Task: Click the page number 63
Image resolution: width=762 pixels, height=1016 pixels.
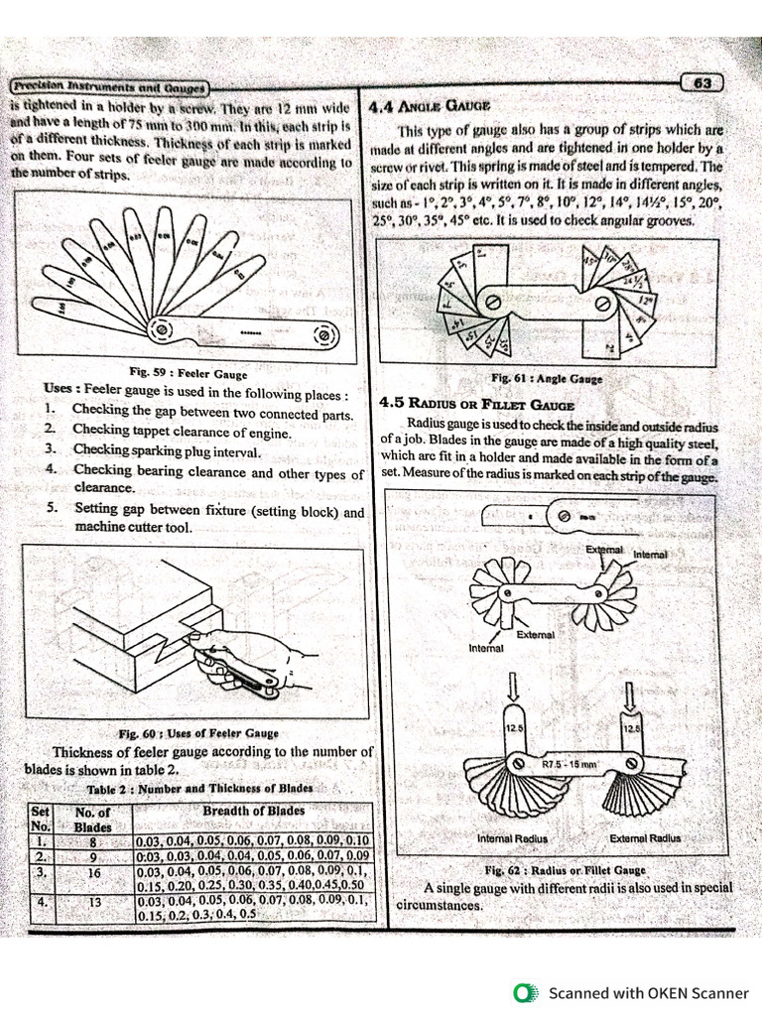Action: click(x=702, y=83)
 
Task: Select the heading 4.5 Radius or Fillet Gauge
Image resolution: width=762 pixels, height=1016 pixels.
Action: click(x=477, y=404)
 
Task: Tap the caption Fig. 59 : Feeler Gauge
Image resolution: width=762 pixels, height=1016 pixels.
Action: click(x=194, y=373)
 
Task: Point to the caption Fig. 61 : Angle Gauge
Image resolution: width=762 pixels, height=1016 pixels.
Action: click(x=545, y=379)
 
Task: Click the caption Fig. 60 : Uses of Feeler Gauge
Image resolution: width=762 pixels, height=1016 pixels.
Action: click(x=198, y=734)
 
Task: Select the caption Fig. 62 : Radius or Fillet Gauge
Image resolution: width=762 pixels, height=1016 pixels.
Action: click(x=565, y=869)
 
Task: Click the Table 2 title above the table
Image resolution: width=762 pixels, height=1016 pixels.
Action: click(x=199, y=788)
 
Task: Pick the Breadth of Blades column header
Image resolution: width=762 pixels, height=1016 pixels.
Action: click(x=253, y=811)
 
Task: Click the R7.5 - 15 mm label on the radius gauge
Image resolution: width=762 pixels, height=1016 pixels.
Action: click(x=569, y=765)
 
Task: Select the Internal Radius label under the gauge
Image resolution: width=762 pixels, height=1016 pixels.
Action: click(x=512, y=838)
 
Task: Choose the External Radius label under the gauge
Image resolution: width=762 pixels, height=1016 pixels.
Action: click(x=645, y=838)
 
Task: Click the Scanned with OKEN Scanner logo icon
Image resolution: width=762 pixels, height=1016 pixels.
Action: click(x=523, y=992)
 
